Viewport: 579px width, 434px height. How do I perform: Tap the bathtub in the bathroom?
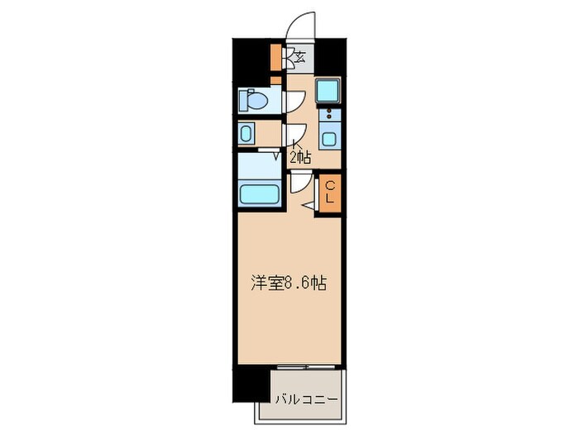pyautogui.click(x=259, y=195)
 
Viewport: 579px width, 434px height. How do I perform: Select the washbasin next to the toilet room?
pyautogui.click(x=247, y=134)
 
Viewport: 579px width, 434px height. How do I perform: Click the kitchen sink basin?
pyautogui.click(x=330, y=139)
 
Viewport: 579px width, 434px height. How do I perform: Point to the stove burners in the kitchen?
pyautogui.click(x=330, y=115)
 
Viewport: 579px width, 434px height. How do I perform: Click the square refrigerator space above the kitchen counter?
pyautogui.click(x=329, y=89)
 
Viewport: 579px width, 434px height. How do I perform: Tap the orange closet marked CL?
pyautogui.click(x=329, y=195)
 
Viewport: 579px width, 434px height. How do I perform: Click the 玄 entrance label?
pyautogui.click(x=299, y=57)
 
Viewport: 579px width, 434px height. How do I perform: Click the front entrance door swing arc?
pyautogui.click(x=299, y=23)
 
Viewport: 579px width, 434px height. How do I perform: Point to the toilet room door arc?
pyautogui.click(x=294, y=100)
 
